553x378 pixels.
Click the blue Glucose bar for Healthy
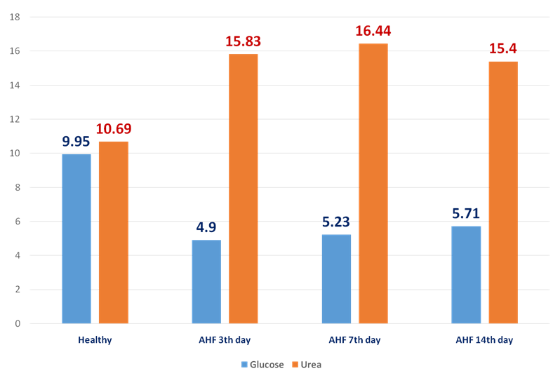pyautogui.click(x=76, y=238)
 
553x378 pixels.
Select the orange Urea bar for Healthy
pyautogui.click(x=113, y=232)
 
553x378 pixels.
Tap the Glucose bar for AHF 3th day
pyautogui.click(x=206, y=281)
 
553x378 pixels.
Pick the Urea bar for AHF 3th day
pyautogui.click(x=243, y=189)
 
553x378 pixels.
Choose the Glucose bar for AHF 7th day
pyautogui.click(x=336, y=278)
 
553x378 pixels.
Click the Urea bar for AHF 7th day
pyautogui.click(x=373, y=183)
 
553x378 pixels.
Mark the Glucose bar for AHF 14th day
pyautogui.click(x=466, y=274)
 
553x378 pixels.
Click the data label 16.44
pyautogui.click(x=373, y=31)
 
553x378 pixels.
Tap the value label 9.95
pyautogui.click(x=76, y=142)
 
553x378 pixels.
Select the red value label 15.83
pyautogui.click(x=243, y=41)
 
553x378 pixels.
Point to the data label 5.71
pyautogui.click(x=466, y=213)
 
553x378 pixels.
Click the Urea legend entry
pyautogui.click(x=307, y=365)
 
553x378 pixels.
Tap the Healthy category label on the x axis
pyautogui.click(x=95, y=340)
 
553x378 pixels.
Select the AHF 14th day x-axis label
pyautogui.click(x=485, y=340)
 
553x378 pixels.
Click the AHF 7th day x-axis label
pyautogui.click(x=355, y=340)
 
